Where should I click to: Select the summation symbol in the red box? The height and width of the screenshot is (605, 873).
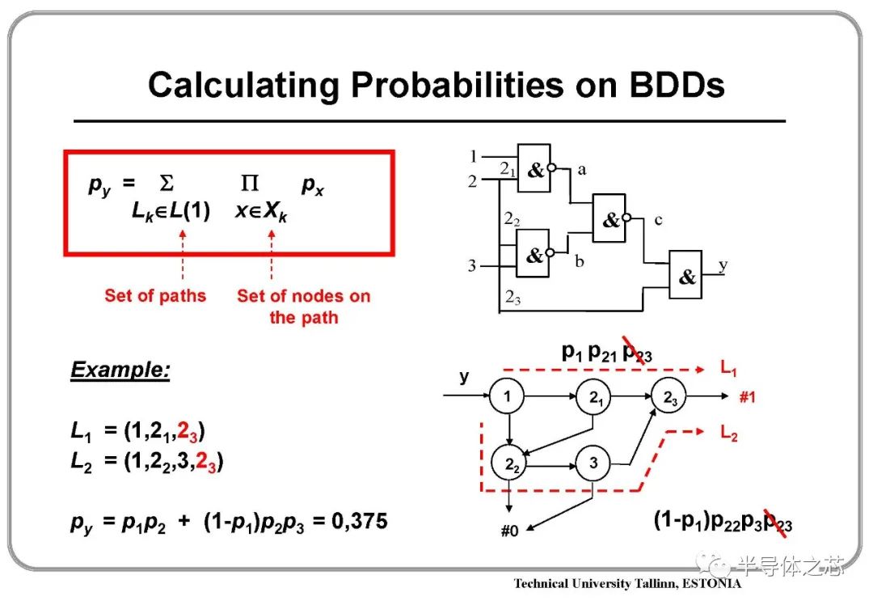pos(167,182)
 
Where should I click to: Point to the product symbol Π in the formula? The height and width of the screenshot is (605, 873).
pos(250,182)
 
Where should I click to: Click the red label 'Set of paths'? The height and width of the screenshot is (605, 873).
pos(155,295)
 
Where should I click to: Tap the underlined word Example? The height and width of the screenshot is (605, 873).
pos(120,370)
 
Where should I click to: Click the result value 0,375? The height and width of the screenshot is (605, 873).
pos(360,522)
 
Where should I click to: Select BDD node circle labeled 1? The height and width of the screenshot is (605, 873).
pos(507,396)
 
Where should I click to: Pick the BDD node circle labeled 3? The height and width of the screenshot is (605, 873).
pos(593,463)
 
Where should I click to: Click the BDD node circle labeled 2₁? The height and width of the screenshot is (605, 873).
pos(593,396)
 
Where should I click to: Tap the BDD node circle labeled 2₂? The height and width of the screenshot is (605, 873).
pos(509,463)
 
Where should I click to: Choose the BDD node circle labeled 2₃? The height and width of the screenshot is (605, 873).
pos(668,396)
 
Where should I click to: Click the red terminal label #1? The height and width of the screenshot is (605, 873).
pos(747,397)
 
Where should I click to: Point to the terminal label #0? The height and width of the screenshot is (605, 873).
pos(509,531)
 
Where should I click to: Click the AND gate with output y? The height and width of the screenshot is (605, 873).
pos(685,275)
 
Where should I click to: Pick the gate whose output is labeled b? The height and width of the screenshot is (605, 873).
pos(533,253)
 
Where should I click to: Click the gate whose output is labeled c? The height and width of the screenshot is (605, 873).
pos(609,218)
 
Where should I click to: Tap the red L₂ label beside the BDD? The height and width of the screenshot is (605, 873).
pos(729,432)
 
